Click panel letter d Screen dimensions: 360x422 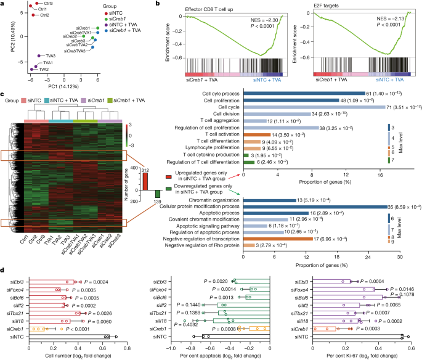[x=4, y=269]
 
